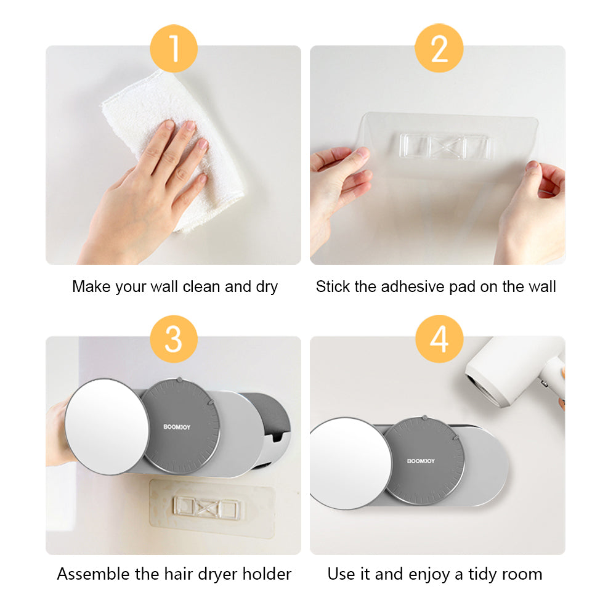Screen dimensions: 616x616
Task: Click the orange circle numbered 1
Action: tap(174, 49)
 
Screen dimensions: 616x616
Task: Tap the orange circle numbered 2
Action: tap(439, 48)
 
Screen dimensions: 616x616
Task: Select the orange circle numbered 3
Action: tap(174, 339)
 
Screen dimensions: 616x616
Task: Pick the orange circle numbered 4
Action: tap(439, 339)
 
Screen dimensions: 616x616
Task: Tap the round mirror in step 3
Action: tap(107, 426)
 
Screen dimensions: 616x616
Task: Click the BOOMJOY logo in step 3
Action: tap(177, 427)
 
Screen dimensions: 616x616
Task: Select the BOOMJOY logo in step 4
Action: tap(421, 461)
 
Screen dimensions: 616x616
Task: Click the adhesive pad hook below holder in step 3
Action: tap(206, 508)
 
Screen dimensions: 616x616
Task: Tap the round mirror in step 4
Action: tap(351, 464)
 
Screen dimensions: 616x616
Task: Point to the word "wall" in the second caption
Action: tap(542, 286)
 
